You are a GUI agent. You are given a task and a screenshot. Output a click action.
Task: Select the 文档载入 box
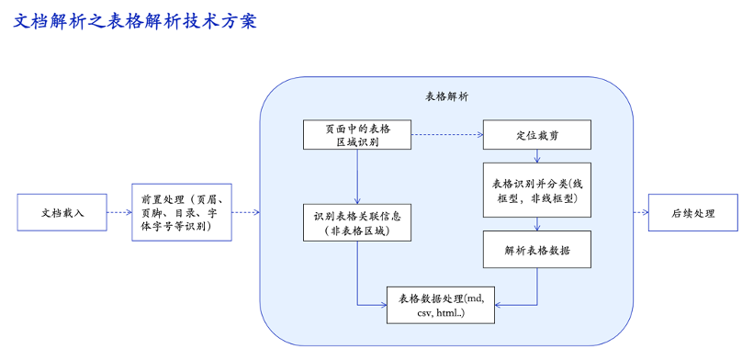click(62, 213)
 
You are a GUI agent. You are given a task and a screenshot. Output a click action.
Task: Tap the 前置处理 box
click(182, 213)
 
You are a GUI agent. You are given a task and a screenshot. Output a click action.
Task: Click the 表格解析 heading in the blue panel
click(446, 96)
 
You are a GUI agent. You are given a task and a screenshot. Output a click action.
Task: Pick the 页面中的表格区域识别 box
click(357, 135)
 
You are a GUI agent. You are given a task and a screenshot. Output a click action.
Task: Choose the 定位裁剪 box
click(537, 135)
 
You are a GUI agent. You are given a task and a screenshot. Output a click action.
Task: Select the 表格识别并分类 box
click(537, 189)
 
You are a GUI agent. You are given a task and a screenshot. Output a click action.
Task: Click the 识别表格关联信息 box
click(357, 222)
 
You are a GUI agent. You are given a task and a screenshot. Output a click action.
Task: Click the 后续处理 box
click(693, 213)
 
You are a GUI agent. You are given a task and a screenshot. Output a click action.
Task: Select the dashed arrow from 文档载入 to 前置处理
click(118, 213)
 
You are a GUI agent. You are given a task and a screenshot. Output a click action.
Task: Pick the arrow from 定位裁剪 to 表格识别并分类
click(537, 156)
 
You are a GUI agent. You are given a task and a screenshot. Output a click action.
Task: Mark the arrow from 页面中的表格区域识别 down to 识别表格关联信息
click(357, 176)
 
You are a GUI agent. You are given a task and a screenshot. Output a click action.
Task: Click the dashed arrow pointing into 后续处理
click(640, 213)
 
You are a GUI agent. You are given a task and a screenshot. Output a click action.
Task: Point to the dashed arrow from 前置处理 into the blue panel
click(245, 213)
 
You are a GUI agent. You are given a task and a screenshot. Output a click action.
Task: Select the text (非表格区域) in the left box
click(357, 231)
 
